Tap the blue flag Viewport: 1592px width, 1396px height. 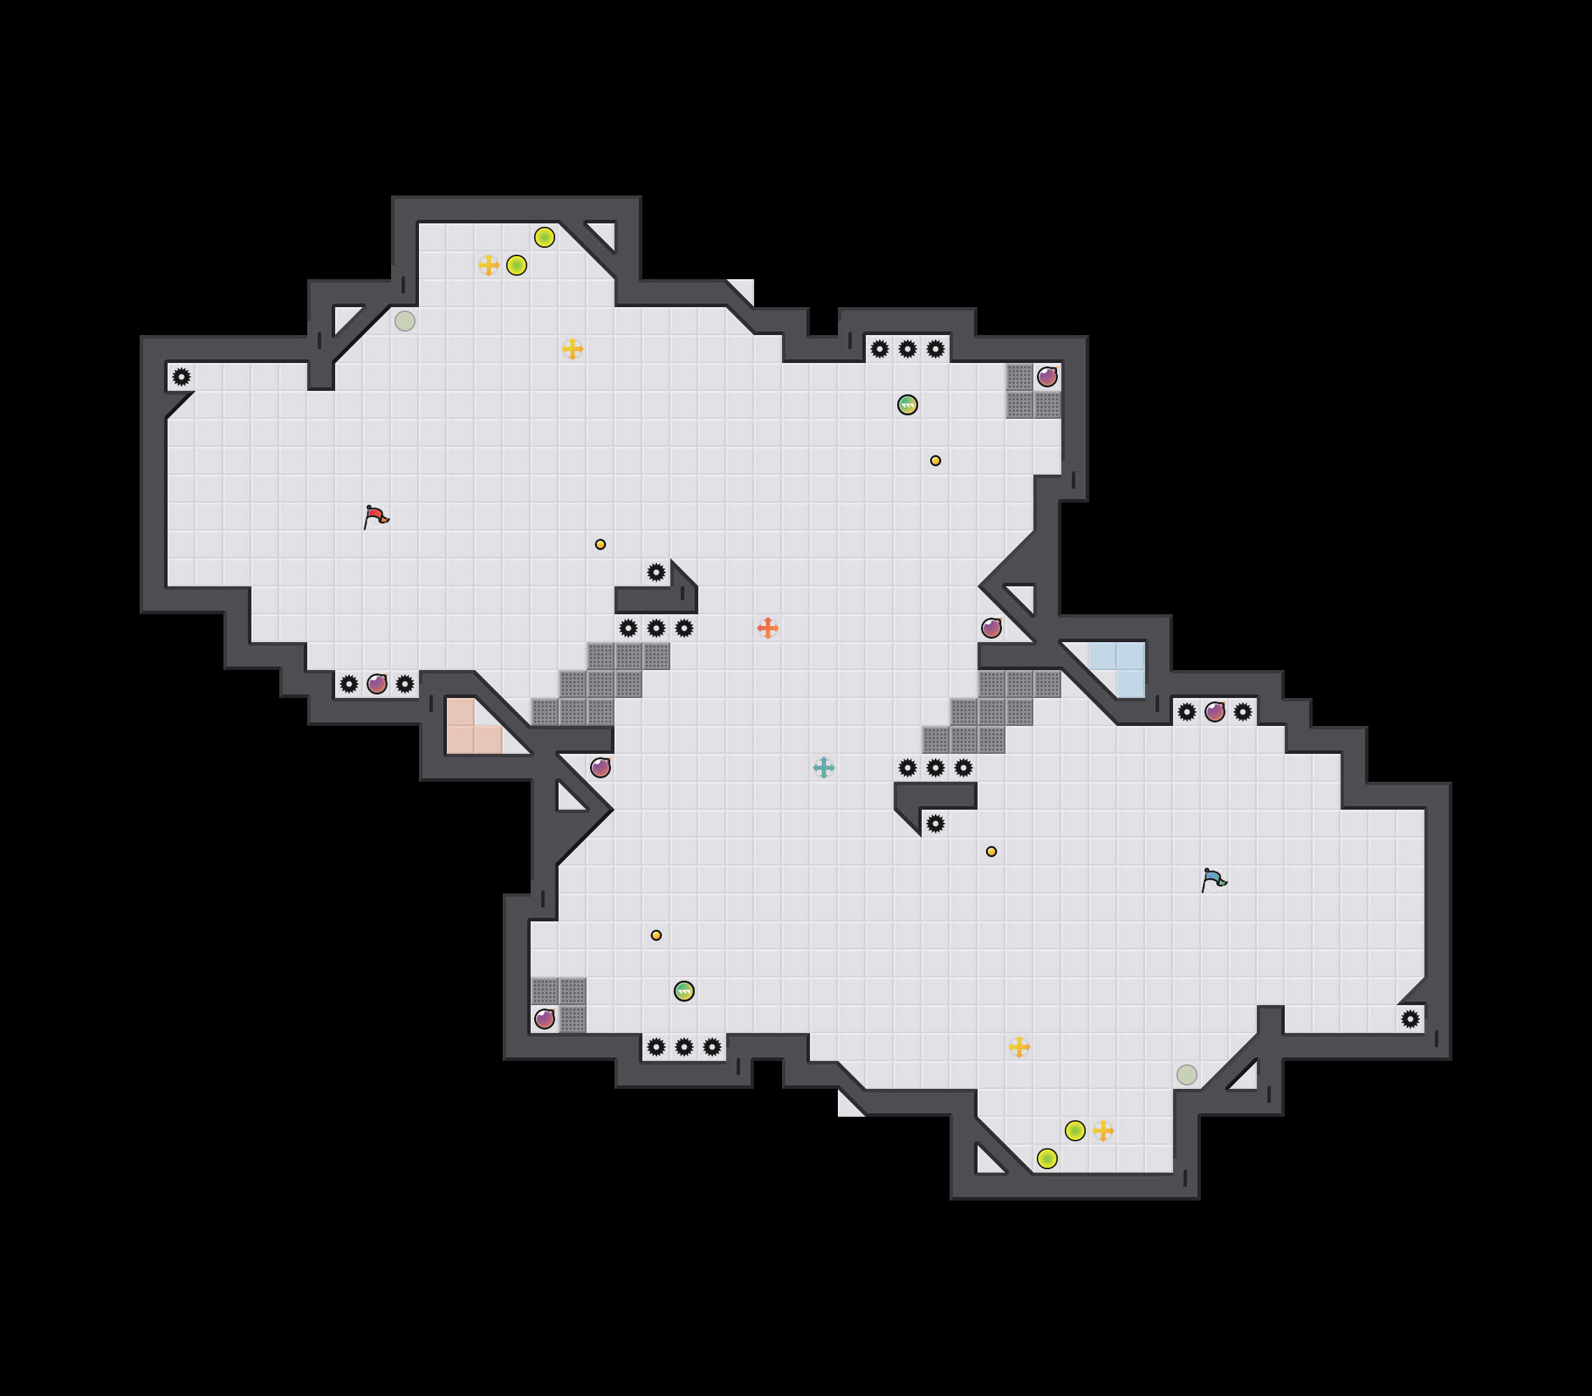(1214, 879)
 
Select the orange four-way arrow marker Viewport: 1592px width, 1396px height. (767, 628)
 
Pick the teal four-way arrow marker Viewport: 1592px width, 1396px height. (823, 768)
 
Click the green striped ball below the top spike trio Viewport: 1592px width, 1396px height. (908, 405)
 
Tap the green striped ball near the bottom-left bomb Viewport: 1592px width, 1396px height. (684, 990)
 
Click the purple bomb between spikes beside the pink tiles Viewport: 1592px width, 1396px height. (377, 683)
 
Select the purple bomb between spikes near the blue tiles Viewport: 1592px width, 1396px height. (1214, 712)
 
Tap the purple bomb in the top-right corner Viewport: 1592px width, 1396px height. (1047, 377)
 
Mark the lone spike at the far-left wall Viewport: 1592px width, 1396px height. (182, 377)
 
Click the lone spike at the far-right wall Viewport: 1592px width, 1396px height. (1410, 1018)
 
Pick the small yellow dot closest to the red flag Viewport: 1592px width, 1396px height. (600, 544)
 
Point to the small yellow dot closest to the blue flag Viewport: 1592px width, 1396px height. (991, 851)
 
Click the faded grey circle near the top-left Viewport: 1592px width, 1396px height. (404, 321)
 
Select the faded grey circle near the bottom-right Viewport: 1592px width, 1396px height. (1186, 1074)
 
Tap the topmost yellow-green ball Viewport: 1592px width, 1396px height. (545, 237)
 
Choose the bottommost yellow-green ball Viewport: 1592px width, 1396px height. (1047, 1159)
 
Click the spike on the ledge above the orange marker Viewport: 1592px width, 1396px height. (656, 572)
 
